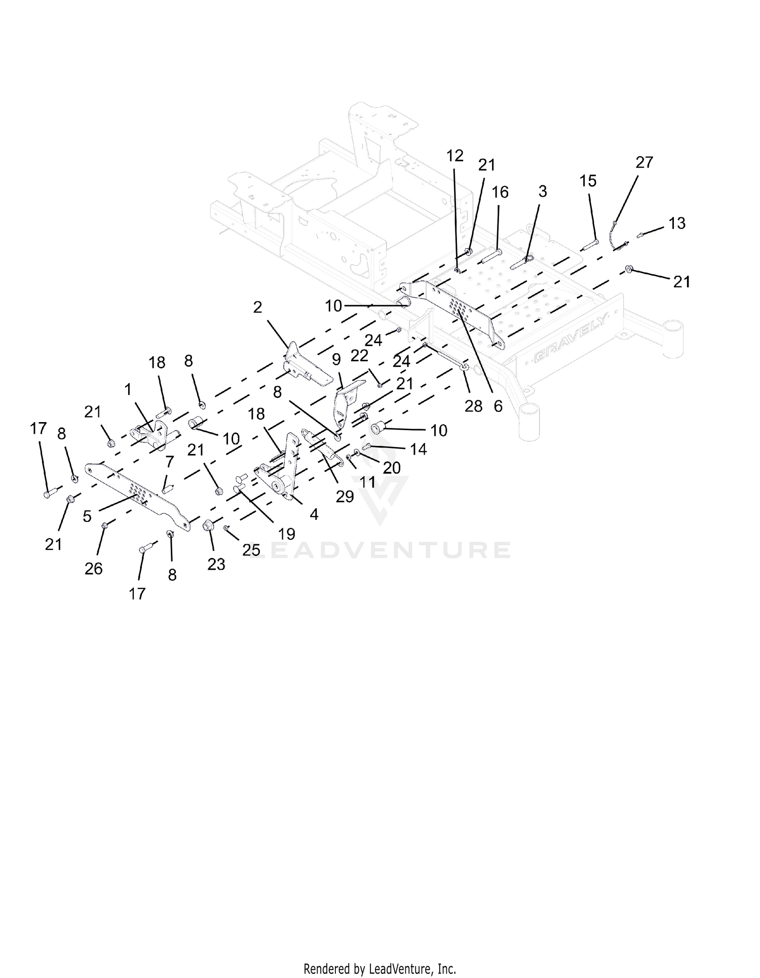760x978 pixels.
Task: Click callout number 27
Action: (x=644, y=162)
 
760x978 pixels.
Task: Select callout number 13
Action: (x=677, y=223)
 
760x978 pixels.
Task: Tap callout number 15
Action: (x=588, y=181)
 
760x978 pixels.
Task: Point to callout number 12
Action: (x=455, y=156)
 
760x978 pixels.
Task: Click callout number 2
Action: (x=258, y=307)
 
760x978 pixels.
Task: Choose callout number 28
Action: (x=473, y=406)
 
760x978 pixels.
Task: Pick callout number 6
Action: (x=498, y=406)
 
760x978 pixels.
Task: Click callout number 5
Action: (x=87, y=516)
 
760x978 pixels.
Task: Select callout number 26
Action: (x=94, y=569)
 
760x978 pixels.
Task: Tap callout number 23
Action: (x=216, y=564)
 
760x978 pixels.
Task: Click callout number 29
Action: (x=345, y=497)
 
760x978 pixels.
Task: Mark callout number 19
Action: (x=287, y=534)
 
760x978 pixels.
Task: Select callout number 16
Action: (x=500, y=193)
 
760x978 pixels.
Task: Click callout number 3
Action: (x=543, y=192)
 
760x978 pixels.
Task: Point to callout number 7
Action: (x=169, y=462)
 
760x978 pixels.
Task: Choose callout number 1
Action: (x=128, y=389)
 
